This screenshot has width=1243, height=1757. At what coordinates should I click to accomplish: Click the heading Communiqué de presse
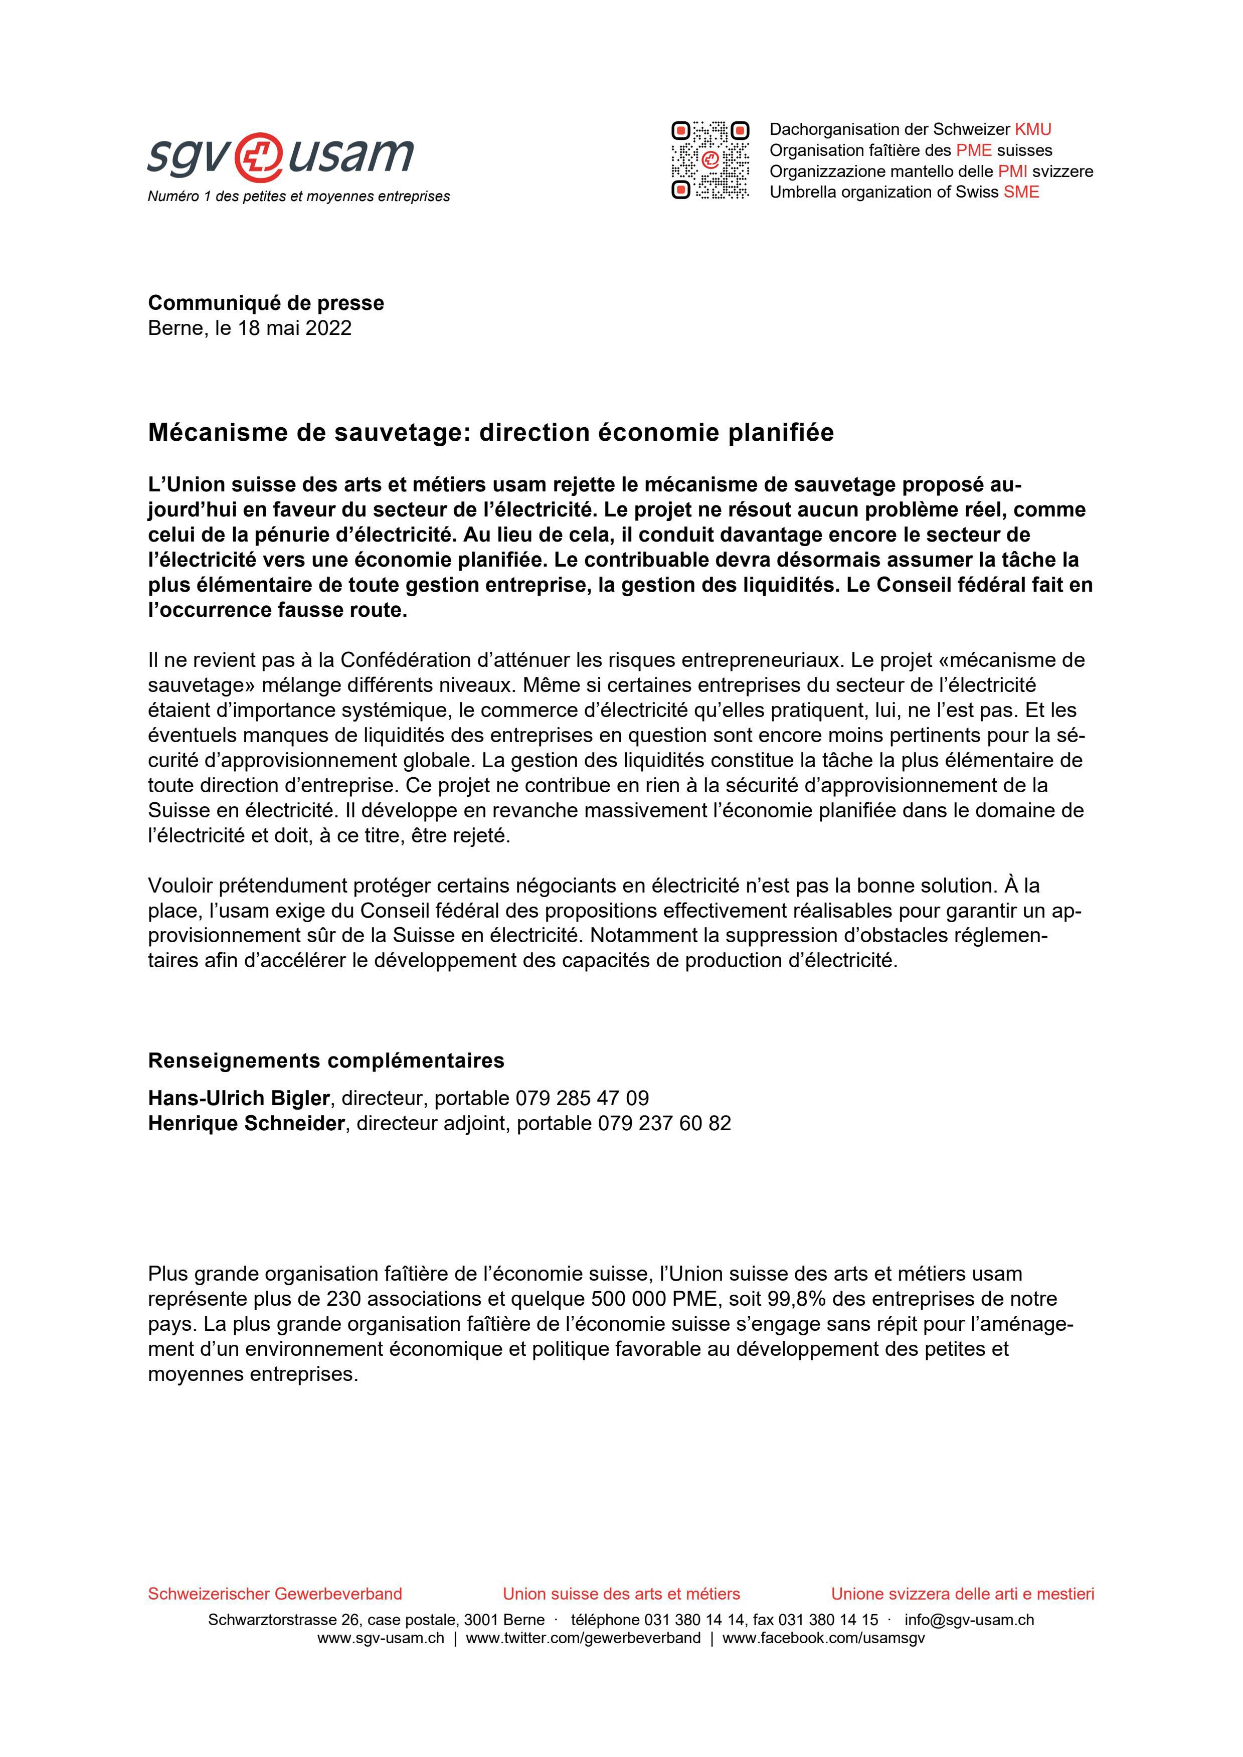coord(266,303)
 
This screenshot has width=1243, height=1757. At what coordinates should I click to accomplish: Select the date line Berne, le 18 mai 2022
coord(250,328)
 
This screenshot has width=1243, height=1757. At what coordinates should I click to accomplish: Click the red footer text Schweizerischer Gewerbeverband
coord(275,1594)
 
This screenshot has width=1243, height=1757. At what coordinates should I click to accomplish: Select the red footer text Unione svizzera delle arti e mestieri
coord(962,1594)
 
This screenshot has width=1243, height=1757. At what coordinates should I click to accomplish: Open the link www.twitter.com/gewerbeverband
coord(583,1638)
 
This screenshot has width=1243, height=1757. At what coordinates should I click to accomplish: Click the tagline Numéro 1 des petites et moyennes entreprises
coord(298,197)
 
